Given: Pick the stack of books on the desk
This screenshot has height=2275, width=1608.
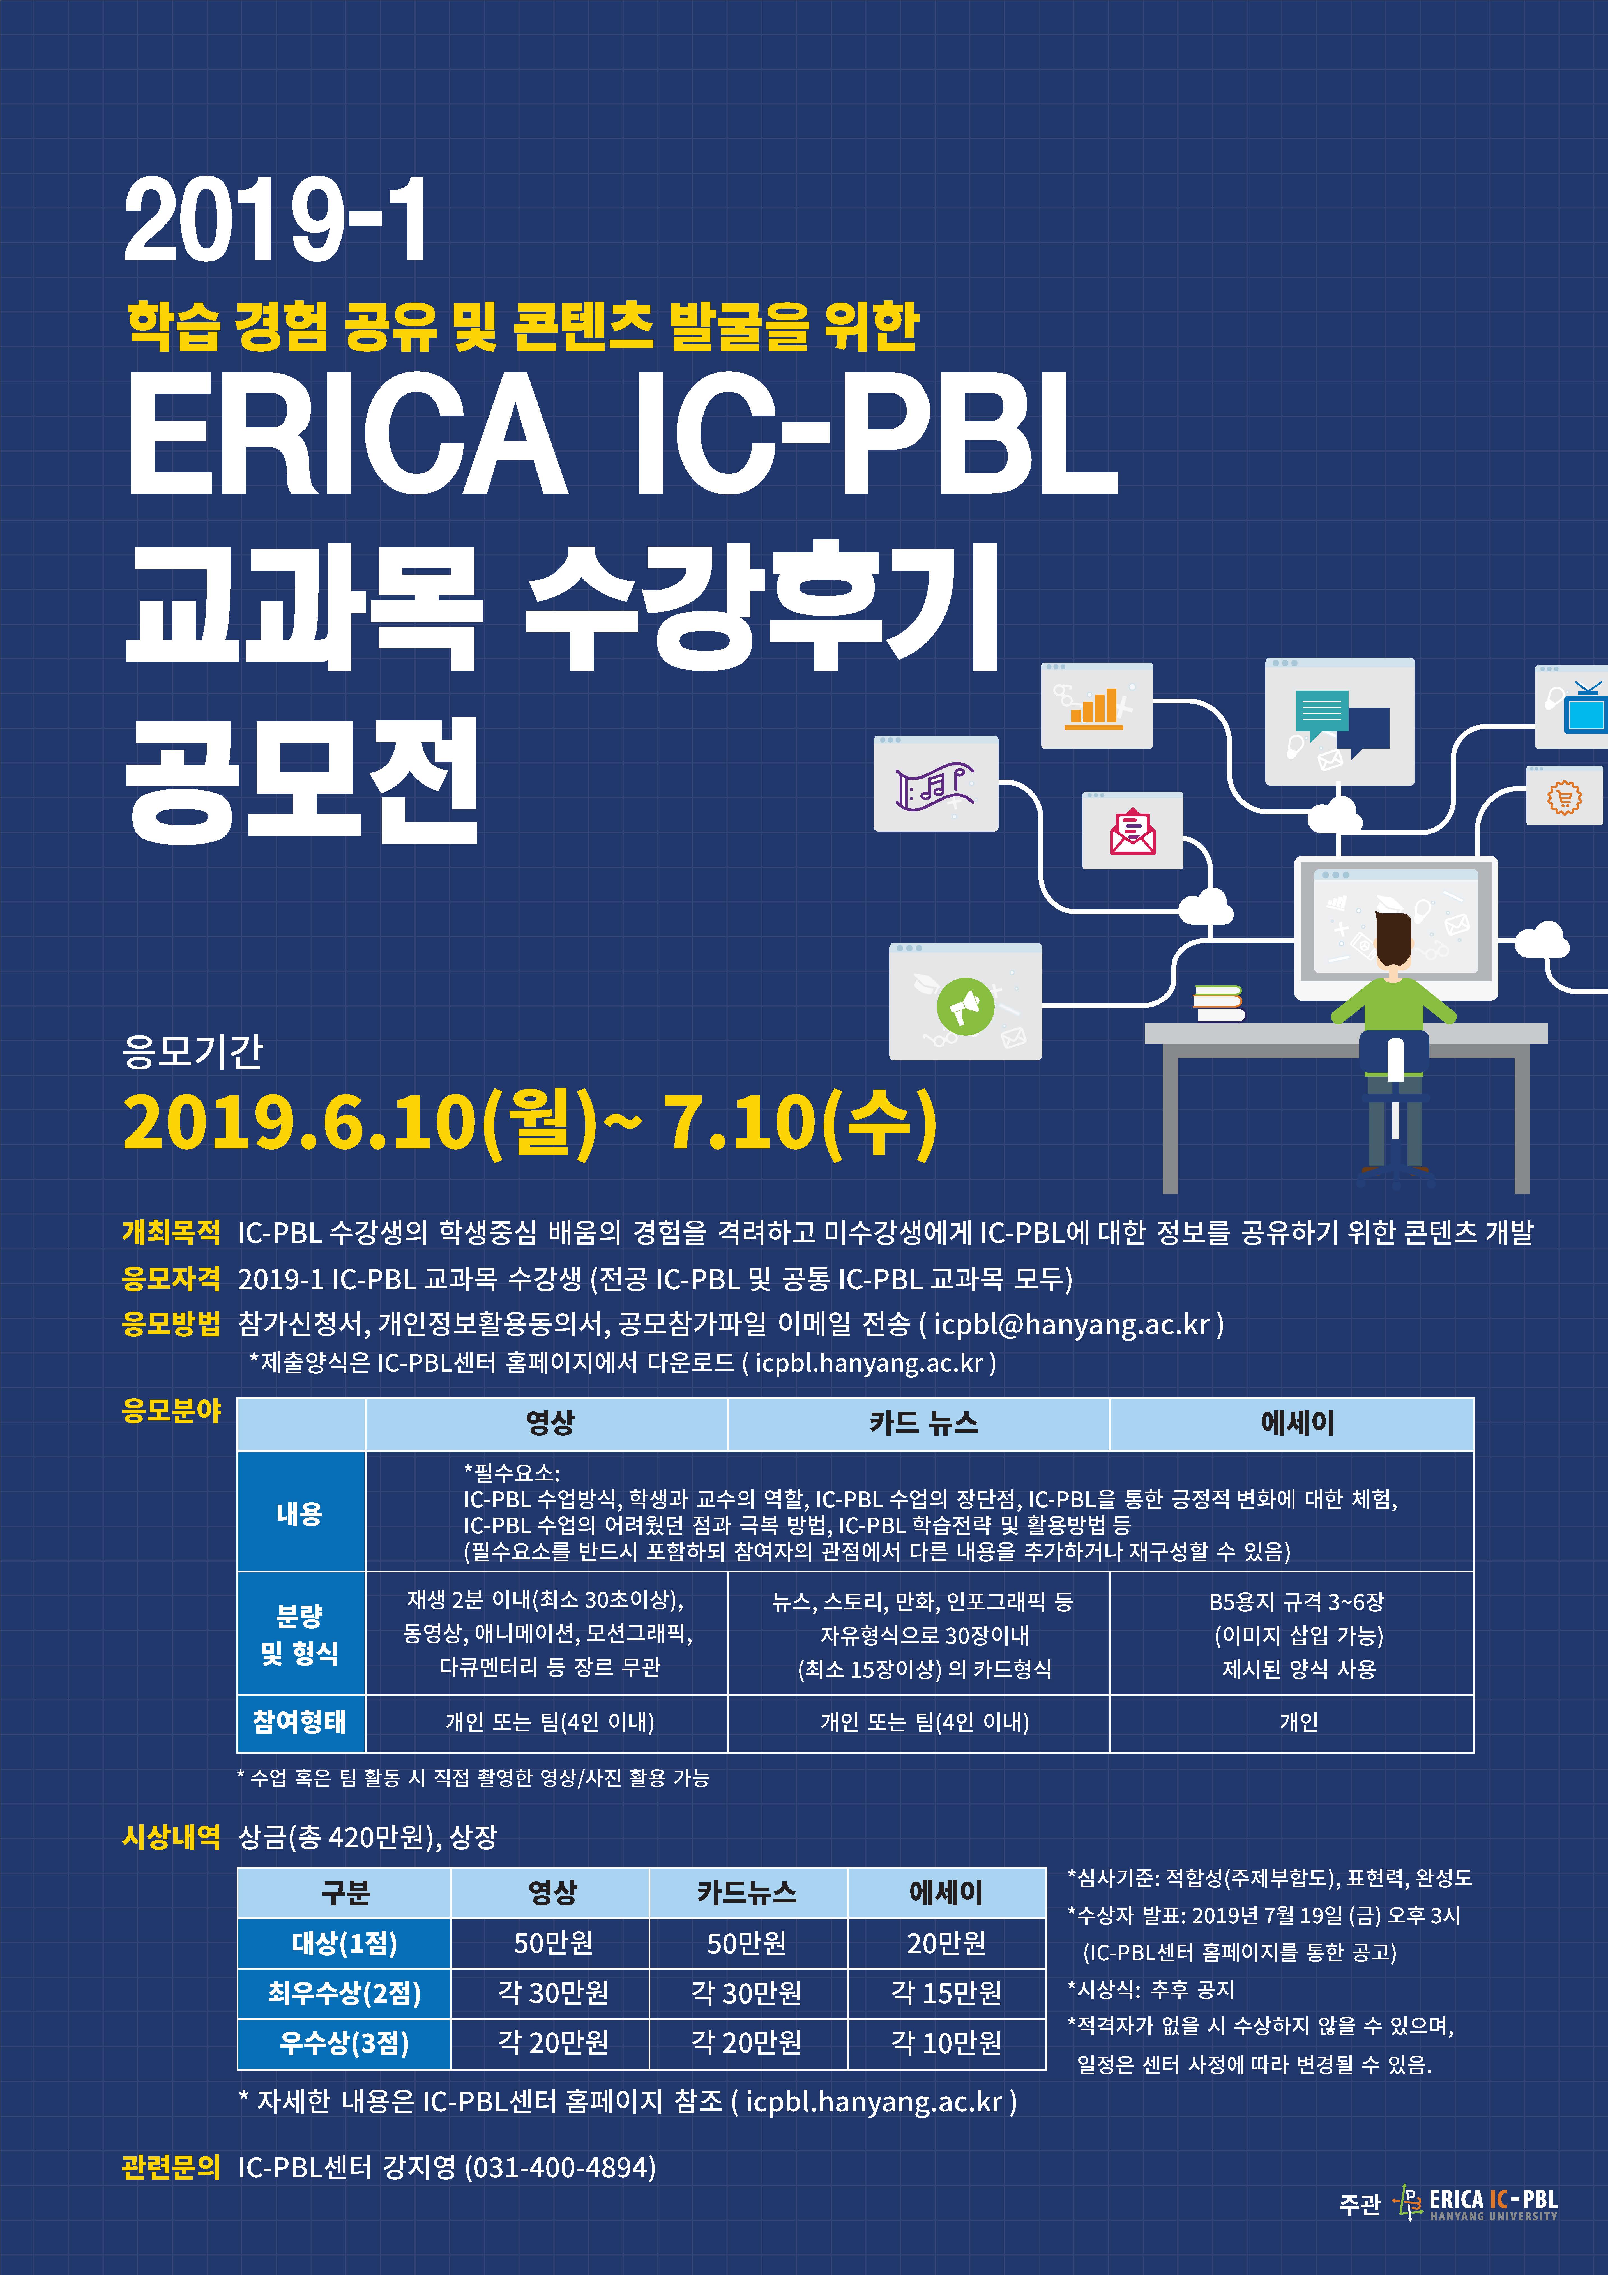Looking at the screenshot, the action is pos(1219,1003).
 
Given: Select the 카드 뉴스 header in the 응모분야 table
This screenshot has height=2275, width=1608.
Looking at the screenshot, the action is pos(923,1424).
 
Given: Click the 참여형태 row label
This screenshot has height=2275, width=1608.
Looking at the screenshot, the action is pos(299,1721).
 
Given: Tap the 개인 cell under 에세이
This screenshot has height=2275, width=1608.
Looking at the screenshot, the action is pos(1298,1722).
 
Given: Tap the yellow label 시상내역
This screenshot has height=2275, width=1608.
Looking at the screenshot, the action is pos(171,1837).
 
